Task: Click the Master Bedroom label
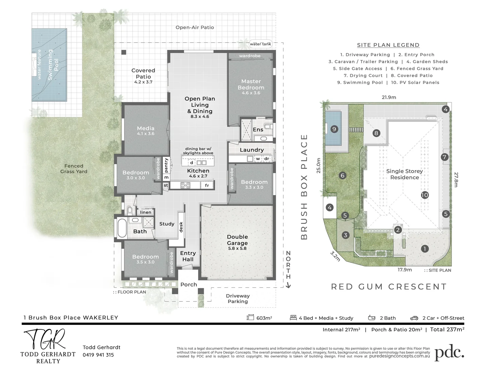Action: click(251, 84)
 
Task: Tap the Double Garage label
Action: click(237, 240)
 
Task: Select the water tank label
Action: click(260, 44)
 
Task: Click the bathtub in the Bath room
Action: click(122, 228)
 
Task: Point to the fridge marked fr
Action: click(207, 185)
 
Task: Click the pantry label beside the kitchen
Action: click(166, 165)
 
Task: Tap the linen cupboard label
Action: click(146, 212)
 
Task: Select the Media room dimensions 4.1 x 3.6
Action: click(146, 134)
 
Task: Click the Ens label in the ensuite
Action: click(258, 129)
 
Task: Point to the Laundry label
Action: click(252, 150)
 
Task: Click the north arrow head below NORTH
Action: click(288, 285)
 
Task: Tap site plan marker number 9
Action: click(334, 129)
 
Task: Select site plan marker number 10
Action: click(425, 195)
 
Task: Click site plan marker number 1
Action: click(425, 248)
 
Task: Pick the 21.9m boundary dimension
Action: click(389, 97)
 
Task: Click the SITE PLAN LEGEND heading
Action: click(388, 45)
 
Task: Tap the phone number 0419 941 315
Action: click(98, 355)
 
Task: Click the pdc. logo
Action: click(449, 353)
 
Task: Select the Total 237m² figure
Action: click(447, 330)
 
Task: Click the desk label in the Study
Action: click(181, 227)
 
